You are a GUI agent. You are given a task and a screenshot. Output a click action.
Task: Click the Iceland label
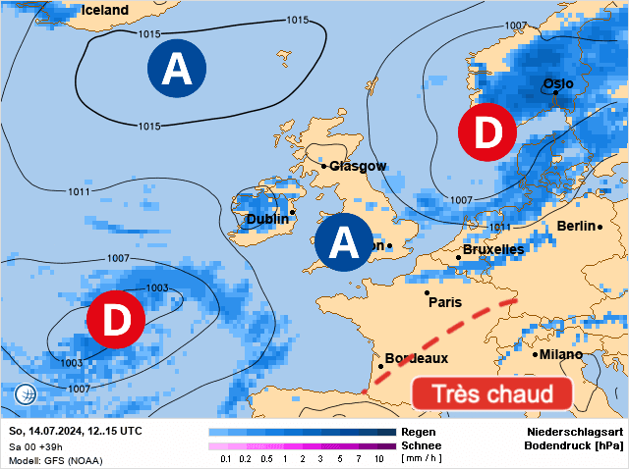coord(104,10)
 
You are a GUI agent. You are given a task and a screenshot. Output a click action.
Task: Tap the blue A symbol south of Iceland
coord(177,69)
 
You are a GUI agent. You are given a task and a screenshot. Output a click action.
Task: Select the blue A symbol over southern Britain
coord(343,241)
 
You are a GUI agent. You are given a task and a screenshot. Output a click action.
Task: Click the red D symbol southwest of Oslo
coord(487,134)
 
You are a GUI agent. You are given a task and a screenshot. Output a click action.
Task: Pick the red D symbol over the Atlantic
coord(116,319)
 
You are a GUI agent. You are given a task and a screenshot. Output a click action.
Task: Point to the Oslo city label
coord(558,83)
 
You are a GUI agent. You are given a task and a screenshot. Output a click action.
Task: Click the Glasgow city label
coord(358,166)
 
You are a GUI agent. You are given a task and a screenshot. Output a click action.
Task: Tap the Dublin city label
coord(267,219)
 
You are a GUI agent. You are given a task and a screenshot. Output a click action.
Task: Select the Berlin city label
coord(576,227)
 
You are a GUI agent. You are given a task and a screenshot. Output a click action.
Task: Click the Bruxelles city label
coord(492,250)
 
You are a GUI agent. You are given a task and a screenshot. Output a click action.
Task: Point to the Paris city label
coord(445,302)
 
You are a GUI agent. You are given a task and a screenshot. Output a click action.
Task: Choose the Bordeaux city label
coord(417,358)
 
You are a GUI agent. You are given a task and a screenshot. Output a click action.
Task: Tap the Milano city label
coord(560,354)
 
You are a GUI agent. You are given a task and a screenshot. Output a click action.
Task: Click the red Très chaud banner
coord(491,394)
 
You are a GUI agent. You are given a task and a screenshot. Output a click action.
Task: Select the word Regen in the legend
coord(419,432)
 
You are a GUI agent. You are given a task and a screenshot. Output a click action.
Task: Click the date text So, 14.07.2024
coord(47,432)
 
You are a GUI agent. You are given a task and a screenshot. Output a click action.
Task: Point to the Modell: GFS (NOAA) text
coord(55,460)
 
